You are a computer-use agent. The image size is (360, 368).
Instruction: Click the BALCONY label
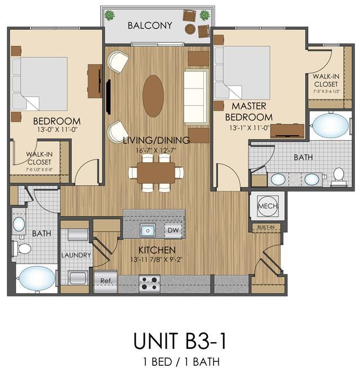150,25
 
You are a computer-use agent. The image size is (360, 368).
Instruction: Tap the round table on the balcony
190,29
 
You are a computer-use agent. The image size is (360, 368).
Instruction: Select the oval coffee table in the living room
153,96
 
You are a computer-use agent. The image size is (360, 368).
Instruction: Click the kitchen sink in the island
148,230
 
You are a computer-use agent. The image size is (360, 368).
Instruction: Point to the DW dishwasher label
173,230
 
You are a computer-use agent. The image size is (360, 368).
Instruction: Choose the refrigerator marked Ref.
105,281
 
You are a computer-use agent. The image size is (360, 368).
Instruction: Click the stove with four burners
149,283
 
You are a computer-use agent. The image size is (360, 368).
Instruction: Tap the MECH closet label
268,206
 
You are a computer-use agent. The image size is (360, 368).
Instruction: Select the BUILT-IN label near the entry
266,227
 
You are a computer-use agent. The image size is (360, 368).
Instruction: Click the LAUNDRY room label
76,255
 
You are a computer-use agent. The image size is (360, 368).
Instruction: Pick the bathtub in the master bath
331,126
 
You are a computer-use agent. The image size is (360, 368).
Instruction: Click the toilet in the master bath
339,178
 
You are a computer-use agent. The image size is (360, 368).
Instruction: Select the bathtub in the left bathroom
37,278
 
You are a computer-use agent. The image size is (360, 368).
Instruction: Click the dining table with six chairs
156,173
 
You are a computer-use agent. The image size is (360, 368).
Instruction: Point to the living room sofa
196,97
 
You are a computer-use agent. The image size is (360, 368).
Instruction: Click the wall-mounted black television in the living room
108,97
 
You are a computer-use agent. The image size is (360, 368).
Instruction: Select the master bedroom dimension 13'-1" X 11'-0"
249,128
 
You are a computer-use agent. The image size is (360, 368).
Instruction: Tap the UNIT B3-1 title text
180,341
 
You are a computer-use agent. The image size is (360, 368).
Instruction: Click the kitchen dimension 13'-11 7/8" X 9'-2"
157,260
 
